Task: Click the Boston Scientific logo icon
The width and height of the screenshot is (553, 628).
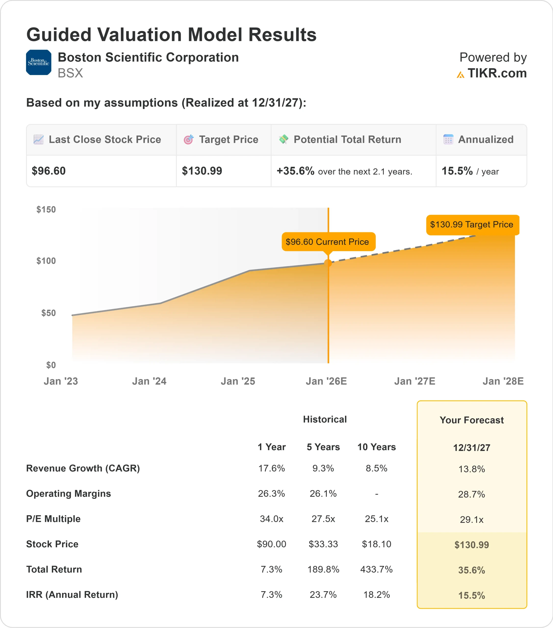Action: tap(39, 62)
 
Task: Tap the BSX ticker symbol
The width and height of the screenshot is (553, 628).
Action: tap(70, 73)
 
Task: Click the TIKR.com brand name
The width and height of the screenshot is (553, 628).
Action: tap(497, 73)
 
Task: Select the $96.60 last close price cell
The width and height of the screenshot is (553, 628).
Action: tap(49, 171)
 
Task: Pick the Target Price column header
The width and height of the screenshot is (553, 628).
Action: tap(228, 140)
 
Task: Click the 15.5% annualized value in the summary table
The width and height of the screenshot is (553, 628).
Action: tap(457, 171)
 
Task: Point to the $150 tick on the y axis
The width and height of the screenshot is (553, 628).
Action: tap(46, 209)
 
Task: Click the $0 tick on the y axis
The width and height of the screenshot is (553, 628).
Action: tap(51, 365)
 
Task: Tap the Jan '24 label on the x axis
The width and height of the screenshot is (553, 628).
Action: tap(149, 381)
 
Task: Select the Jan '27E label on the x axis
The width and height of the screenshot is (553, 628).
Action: tap(415, 381)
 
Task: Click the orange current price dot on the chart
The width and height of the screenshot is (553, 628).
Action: tap(328, 263)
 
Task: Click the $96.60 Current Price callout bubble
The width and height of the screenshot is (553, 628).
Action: tap(327, 242)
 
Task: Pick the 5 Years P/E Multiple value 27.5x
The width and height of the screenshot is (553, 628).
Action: tap(323, 519)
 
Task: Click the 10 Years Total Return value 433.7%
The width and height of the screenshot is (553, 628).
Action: tap(376, 569)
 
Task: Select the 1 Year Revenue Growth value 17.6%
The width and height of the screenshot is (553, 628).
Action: tap(271, 468)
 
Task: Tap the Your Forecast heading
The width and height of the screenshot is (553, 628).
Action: tap(472, 420)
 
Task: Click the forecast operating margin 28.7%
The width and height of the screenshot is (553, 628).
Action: tap(472, 494)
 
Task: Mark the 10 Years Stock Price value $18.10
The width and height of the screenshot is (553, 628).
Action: tap(376, 544)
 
